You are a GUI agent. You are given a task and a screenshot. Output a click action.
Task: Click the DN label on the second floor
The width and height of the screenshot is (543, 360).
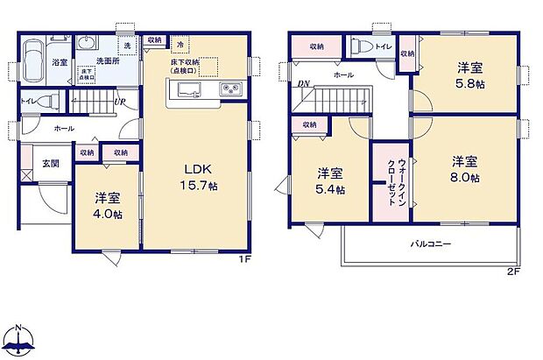click(x=303, y=84)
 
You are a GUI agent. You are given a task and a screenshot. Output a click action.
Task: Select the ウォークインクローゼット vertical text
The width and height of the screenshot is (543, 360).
click(x=390, y=182)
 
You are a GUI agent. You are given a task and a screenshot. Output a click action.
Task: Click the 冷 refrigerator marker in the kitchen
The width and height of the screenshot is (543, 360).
click(x=180, y=44)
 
